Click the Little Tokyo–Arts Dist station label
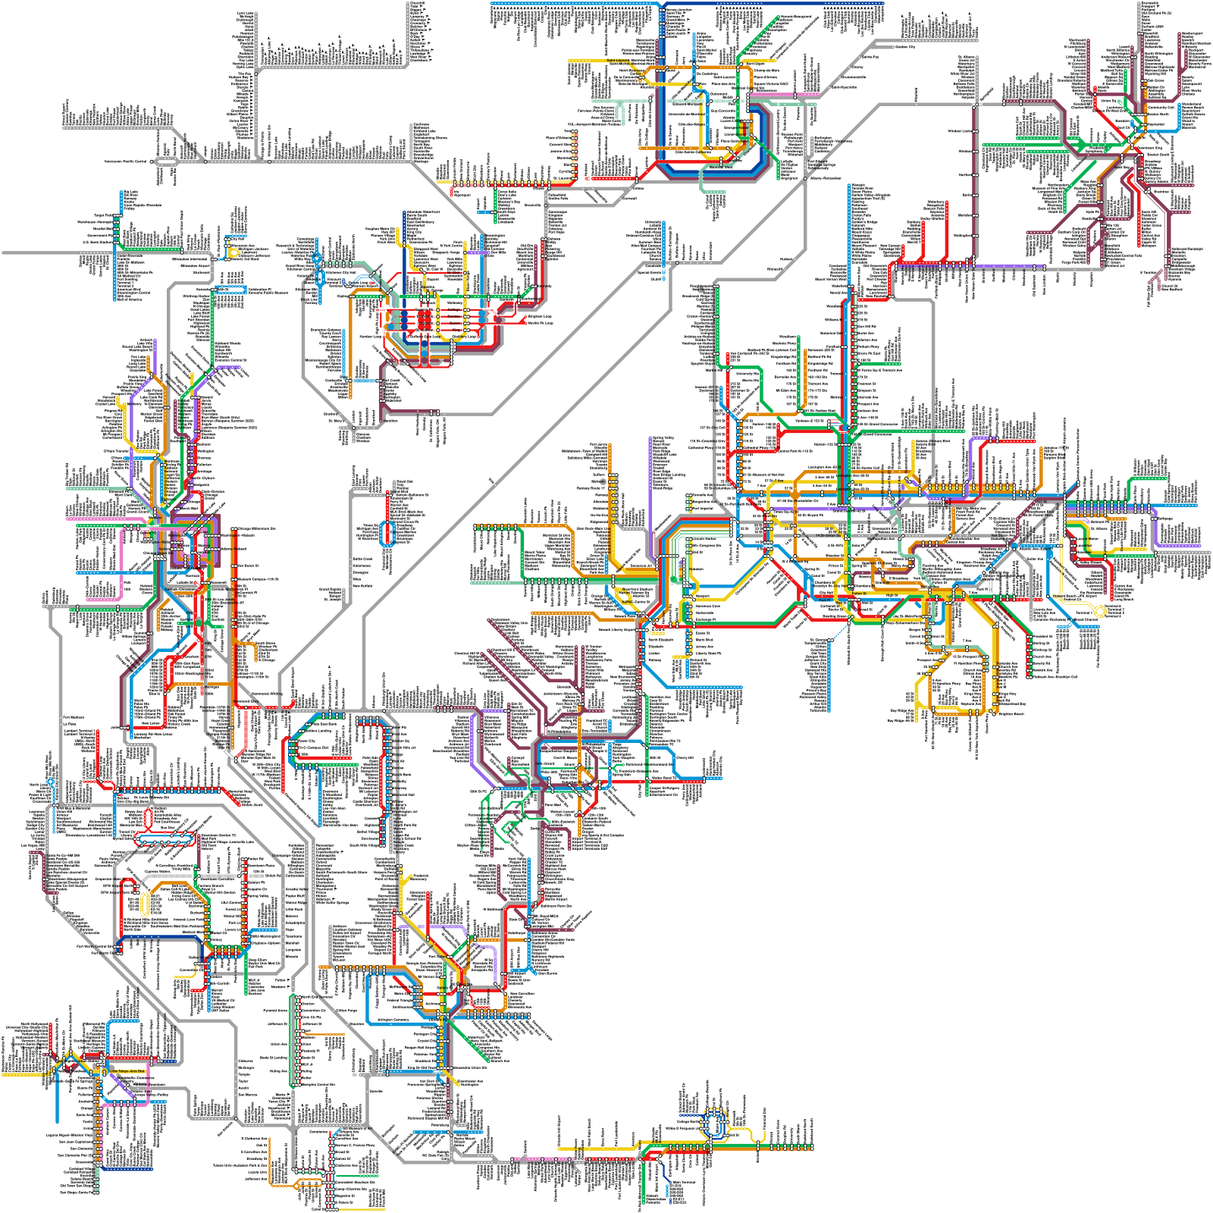coord(127,1071)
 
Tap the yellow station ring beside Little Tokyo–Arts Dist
coord(105,1071)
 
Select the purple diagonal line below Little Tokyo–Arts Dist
coord(121,1084)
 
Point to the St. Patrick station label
coord(425,316)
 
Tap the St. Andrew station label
coord(425,330)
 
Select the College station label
coord(454,309)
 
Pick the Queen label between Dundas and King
coord(455,323)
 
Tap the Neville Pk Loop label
coord(541,323)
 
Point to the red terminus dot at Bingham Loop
coord(525,317)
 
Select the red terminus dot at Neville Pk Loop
coord(525,324)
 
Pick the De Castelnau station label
coord(707,74)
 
